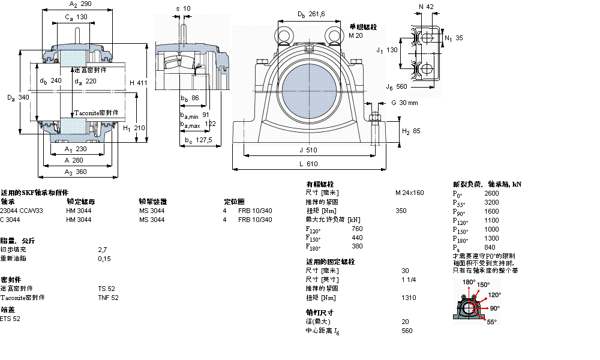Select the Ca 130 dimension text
pyautogui.click(x=76, y=17)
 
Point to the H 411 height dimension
pyautogui.click(x=137, y=83)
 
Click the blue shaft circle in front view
pyautogui.click(x=310, y=82)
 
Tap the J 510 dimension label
pyautogui.click(x=308, y=150)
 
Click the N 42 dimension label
pyautogui.click(x=427, y=7)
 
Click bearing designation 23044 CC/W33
pyautogui.click(x=22, y=211)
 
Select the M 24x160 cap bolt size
pyautogui.click(x=409, y=193)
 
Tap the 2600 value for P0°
pyautogui.click(x=491, y=194)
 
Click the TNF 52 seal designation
pyautogui.click(x=108, y=298)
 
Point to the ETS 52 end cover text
pyautogui.click(x=10, y=319)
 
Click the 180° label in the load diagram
pyautogui.click(x=469, y=282)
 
